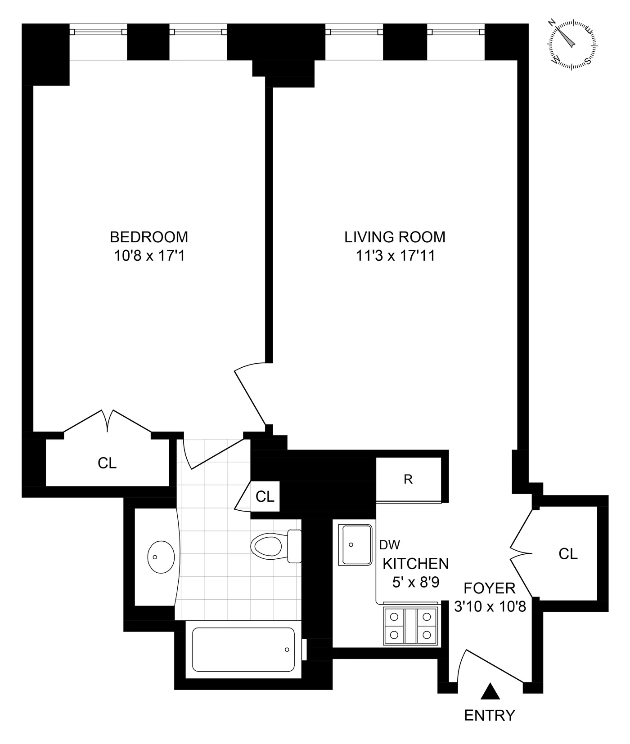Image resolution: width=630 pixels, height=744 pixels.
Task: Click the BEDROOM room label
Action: pyautogui.click(x=149, y=237)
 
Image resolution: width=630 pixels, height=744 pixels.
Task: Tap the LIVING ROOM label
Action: pyautogui.click(x=395, y=237)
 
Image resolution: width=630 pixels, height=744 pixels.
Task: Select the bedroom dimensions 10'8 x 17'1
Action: pyautogui.click(x=149, y=256)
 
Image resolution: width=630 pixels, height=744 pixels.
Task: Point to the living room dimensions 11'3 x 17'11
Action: pyautogui.click(x=395, y=256)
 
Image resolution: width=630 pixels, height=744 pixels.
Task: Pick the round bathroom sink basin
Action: pyautogui.click(x=161, y=557)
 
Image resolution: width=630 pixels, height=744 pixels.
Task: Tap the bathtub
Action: pyautogui.click(x=243, y=650)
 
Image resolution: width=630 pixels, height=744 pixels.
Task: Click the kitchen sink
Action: pyautogui.click(x=356, y=544)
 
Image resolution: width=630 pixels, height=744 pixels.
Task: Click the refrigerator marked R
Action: pyautogui.click(x=408, y=479)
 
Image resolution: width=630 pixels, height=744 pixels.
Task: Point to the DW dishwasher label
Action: pyautogui.click(x=390, y=545)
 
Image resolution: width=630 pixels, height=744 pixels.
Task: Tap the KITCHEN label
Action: pyautogui.click(x=415, y=564)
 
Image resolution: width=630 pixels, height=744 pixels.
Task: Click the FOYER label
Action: pyautogui.click(x=490, y=588)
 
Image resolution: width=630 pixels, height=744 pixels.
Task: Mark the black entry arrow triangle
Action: pyautogui.click(x=490, y=691)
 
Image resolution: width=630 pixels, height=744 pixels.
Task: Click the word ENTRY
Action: pyautogui.click(x=490, y=715)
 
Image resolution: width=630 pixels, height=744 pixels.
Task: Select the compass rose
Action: pyautogui.click(x=572, y=44)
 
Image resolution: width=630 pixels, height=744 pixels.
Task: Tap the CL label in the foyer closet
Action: pyautogui.click(x=568, y=554)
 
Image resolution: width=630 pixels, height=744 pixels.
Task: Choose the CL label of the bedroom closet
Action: pyautogui.click(x=107, y=463)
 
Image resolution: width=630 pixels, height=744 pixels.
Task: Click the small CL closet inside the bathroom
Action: pyautogui.click(x=265, y=496)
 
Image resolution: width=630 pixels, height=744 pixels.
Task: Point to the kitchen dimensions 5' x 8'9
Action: pyautogui.click(x=415, y=583)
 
